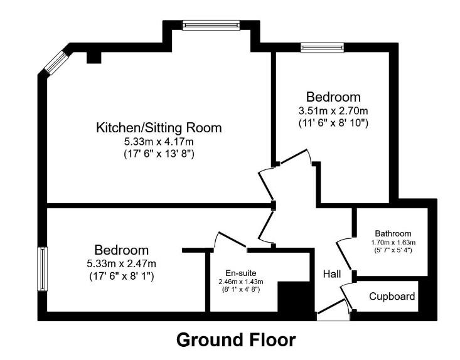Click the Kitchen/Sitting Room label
159,128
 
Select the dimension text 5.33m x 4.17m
159,142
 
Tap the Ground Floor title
235,340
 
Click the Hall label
332,274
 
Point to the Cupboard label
392,296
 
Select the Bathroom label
393,233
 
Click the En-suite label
238,273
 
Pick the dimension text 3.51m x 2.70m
333,111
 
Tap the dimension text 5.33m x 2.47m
122,263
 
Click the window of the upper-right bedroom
322,46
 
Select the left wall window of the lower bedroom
43,269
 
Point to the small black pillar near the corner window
94,57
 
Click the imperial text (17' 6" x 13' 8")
159,154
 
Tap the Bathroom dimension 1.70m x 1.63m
393,242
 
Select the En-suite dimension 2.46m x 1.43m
238,282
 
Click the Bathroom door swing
344,254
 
